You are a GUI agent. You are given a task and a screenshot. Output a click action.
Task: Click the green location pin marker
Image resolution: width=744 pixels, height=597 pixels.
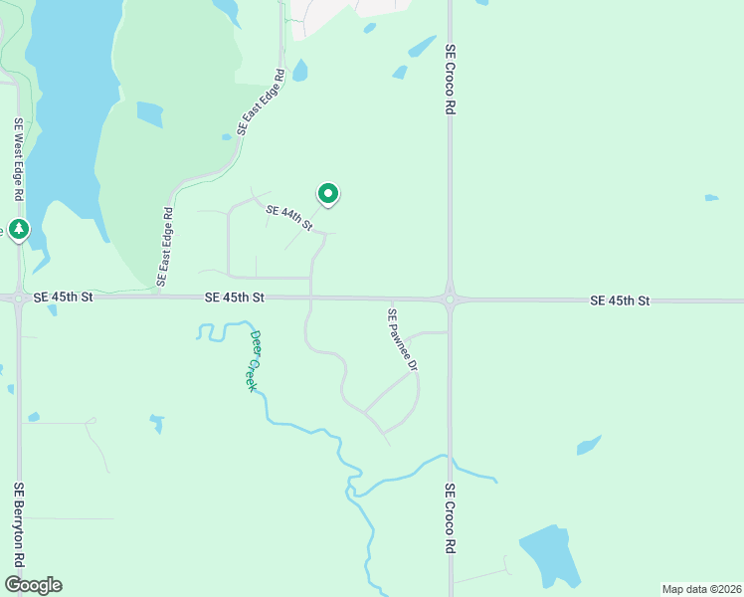click(328, 193)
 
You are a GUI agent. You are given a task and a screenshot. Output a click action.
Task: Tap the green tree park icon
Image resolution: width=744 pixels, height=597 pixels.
click(19, 230)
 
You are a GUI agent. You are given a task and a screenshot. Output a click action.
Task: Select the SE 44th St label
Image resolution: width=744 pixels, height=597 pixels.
click(289, 218)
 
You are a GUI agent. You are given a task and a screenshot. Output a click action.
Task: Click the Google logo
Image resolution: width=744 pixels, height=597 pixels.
click(33, 585)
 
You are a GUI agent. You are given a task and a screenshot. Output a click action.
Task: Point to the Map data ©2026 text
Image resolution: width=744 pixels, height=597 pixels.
click(701, 589)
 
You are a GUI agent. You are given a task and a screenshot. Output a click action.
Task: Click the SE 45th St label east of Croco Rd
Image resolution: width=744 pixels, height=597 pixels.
click(620, 300)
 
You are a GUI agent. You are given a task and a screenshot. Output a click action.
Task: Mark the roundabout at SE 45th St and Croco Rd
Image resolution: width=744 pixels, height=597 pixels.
click(450, 298)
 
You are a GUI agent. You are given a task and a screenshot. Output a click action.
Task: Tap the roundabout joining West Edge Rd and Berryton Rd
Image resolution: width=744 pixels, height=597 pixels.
click(19, 297)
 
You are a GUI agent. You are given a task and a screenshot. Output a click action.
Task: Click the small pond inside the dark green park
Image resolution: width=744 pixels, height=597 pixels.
click(150, 114)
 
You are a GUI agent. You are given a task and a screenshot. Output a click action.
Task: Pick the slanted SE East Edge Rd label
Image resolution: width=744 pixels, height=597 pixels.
click(262, 101)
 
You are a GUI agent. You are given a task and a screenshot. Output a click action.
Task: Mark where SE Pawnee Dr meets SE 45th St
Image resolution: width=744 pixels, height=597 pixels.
click(393, 298)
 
